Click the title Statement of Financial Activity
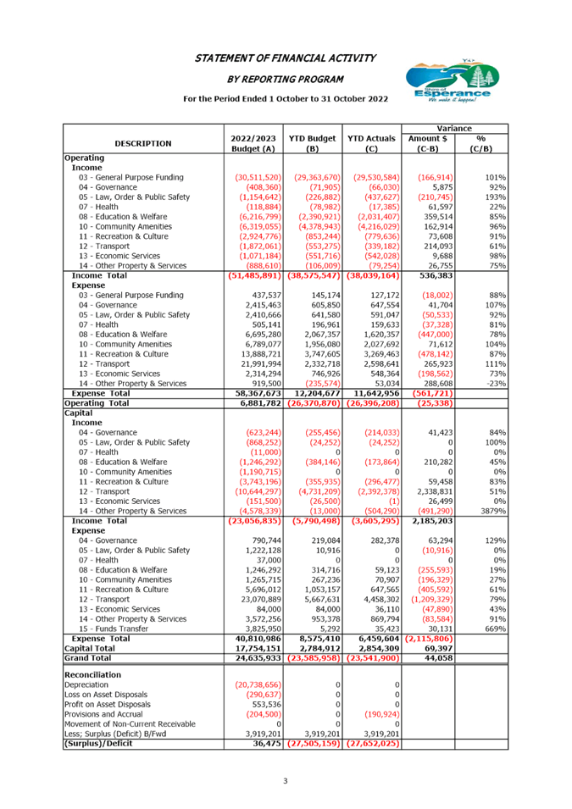(286, 58)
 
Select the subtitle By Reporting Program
(286, 79)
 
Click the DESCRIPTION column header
(142, 143)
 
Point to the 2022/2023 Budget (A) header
(253, 143)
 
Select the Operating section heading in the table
(84, 158)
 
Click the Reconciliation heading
(92, 674)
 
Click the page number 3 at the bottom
(286, 780)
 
